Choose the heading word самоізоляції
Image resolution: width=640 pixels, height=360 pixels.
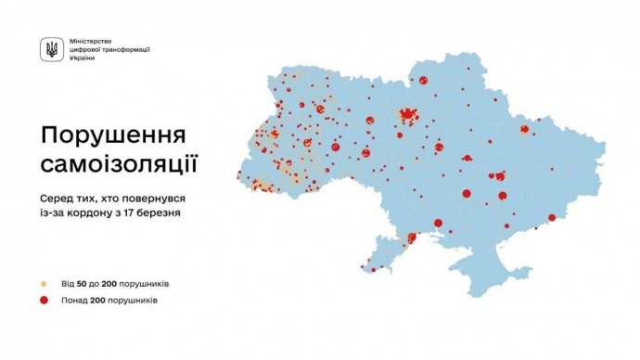pyautogui.click(x=119, y=165)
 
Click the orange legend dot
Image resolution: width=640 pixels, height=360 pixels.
pyautogui.click(x=44, y=283)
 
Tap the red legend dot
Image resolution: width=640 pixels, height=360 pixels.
pyautogui.click(x=44, y=301)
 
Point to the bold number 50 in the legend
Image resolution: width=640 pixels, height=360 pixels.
pyautogui.click(x=82, y=283)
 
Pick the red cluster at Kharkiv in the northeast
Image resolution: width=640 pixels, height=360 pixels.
pyautogui.click(x=531, y=131)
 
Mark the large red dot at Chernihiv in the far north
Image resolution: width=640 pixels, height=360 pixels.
pyautogui.click(x=428, y=80)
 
